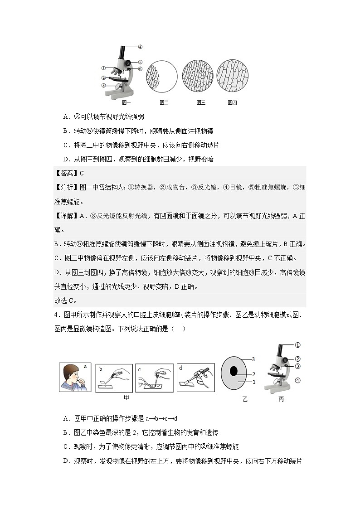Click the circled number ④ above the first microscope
coord(140,47)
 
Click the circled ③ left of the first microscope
coord(103,85)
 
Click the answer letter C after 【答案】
coord(82,173)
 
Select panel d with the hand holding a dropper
coord(195,378)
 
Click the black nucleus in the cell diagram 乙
coord(234,371)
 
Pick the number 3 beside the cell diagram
coord(253,359)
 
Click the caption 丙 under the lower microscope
coord(281,399)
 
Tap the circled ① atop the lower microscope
coord(297,345)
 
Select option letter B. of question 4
coord(66,433)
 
